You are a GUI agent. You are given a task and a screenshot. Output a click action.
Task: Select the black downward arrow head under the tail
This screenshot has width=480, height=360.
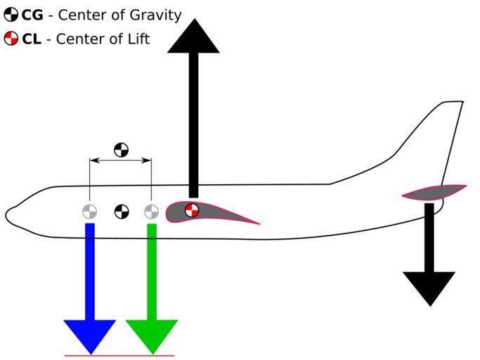(429, 287)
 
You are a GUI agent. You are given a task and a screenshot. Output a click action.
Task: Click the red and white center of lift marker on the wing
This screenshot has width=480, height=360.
(192, 210)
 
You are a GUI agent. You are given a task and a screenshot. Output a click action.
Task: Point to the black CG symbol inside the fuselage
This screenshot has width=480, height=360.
(122, 211)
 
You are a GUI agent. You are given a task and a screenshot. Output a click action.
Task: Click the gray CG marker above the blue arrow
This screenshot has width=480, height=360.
(89, 211)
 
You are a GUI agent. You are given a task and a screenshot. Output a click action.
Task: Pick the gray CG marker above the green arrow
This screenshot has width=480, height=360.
(151, 211)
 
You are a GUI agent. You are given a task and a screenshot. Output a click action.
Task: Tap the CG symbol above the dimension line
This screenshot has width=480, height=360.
(122, 150)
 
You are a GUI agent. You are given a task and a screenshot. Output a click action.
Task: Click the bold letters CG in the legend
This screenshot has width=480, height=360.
(32, 15)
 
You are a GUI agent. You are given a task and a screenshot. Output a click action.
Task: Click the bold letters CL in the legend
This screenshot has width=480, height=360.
(32, 39)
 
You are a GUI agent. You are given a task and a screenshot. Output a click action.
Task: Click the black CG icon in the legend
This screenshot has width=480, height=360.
(11, 15)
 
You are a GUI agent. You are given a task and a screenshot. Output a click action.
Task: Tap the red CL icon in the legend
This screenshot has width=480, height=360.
(11, 39)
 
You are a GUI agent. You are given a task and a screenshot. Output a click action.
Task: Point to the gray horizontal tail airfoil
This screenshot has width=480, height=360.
(432, 192)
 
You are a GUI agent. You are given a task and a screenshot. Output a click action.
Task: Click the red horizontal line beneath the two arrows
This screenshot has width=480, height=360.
(119, 356)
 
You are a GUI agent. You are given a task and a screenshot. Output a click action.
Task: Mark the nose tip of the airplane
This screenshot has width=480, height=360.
(7, 214)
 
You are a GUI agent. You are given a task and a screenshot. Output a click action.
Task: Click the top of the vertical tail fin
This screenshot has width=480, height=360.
(453, 103)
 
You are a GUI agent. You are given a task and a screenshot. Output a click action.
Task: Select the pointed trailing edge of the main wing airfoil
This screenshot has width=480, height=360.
(259, 224)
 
